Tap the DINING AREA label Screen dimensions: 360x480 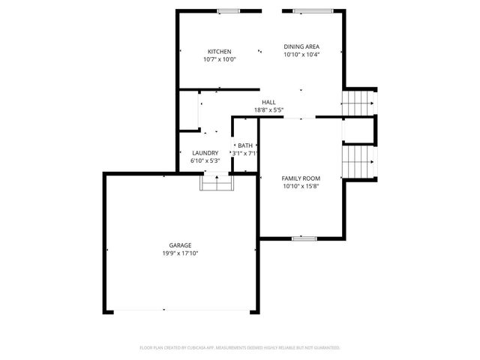(x=301, y=46)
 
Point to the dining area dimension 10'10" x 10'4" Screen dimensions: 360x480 (x=301, y=54)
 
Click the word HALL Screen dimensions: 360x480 (x=268, y=102)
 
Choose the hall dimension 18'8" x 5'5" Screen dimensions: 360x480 (x=268, y=109)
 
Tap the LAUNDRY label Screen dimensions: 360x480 (x=205, y=152)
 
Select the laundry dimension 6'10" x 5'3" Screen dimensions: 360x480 (x=205, y=160)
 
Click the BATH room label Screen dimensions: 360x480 (x=245, y=145)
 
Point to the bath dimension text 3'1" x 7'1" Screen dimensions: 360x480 (x=245, y=153)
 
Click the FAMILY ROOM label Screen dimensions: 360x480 (x=301, y=178)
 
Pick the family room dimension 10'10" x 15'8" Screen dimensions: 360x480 (x=301, y=186)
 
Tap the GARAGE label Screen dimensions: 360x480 (x=180, y=245)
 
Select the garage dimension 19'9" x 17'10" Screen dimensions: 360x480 (x=180, y=253)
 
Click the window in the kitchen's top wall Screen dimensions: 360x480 (x=228, y=11)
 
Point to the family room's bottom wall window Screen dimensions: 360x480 (x=304, y=238)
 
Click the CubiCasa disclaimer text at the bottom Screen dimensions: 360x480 (x=240, y=348)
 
